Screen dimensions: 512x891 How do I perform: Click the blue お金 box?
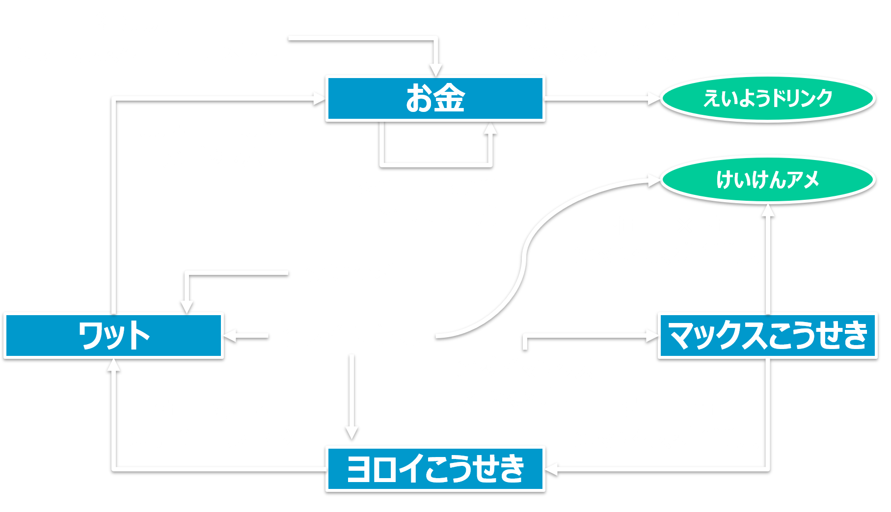point(435,98)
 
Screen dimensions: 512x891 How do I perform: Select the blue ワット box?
point(113,335)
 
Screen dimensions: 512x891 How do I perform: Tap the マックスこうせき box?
point(767,335)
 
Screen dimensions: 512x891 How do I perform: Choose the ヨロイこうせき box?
point(435,468)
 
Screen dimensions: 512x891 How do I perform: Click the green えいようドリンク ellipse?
point(767,98)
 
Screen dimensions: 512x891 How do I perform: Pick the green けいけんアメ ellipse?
point(767,179)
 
